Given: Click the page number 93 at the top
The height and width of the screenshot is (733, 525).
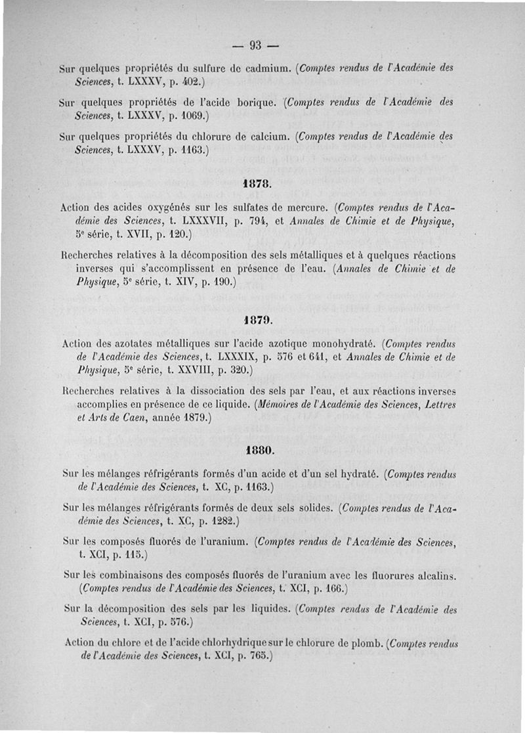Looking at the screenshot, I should coord(255,45).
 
